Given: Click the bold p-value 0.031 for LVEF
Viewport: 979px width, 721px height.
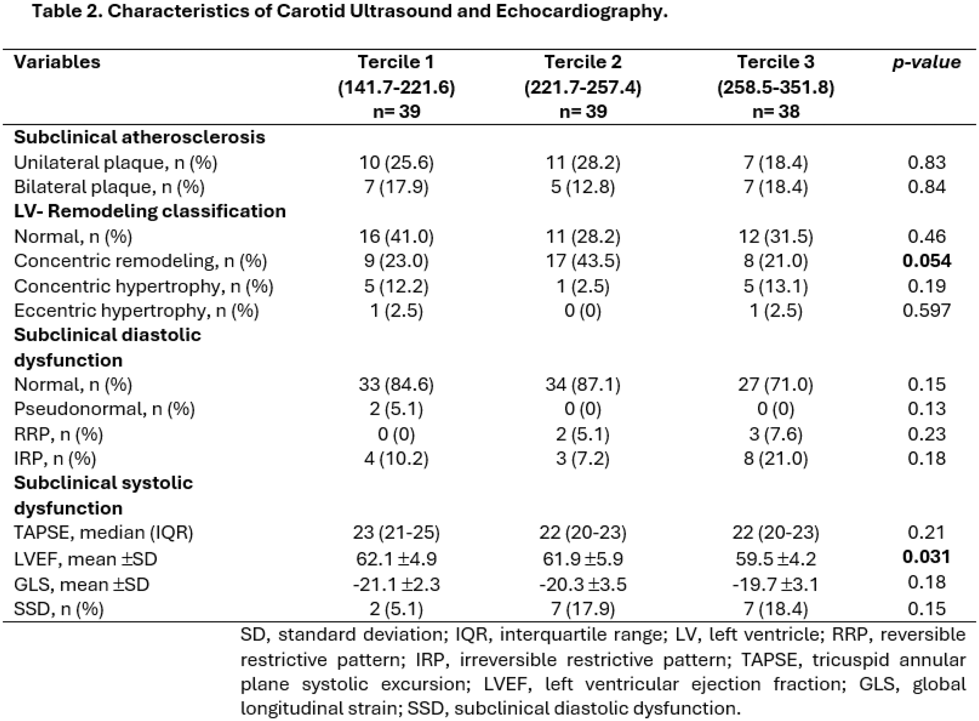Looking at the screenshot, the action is click(x=926, y=557).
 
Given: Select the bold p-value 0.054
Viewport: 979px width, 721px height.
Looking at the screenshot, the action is click(x=926, y=261).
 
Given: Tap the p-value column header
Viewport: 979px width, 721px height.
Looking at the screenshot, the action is click(x=926, y=62).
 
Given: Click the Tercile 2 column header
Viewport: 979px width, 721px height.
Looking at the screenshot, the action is click(x=583, y=62).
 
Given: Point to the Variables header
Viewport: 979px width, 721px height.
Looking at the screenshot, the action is click(x=57, y=62).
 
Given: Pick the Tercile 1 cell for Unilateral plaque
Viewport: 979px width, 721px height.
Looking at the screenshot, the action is click(x=396, y=162).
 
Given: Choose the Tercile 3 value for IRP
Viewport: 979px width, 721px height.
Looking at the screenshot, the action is click(x=776, y=458).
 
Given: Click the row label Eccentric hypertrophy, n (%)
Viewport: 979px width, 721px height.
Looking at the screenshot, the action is click(x=136, y=311).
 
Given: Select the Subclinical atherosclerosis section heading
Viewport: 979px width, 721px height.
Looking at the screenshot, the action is click(x=140, y=137).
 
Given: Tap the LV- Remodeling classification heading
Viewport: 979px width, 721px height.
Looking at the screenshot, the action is click(x=150, y=211).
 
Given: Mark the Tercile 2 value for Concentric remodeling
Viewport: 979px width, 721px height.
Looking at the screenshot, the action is click(x=583, y=261).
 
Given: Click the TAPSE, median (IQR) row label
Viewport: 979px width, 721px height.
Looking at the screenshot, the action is click(x=103, y=533).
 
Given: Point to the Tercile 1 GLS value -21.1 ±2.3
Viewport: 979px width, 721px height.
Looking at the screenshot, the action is click(x=396, y=584).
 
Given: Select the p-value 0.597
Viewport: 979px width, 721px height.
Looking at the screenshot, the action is click(x=926, y=310).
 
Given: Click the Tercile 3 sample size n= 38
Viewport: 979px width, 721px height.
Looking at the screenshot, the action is click(x=776, y=111).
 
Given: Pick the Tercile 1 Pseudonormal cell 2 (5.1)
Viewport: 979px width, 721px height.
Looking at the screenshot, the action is click(x=396, y=409).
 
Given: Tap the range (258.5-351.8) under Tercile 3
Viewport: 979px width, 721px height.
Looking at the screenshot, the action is click(x=776, y=87).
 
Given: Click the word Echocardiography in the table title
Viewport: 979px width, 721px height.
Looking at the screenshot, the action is click(x=581, y=11).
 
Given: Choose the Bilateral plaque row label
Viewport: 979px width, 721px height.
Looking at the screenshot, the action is click(x=109, y=187).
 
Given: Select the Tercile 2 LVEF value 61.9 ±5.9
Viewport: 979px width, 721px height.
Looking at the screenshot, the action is click(x=583, y=558).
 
